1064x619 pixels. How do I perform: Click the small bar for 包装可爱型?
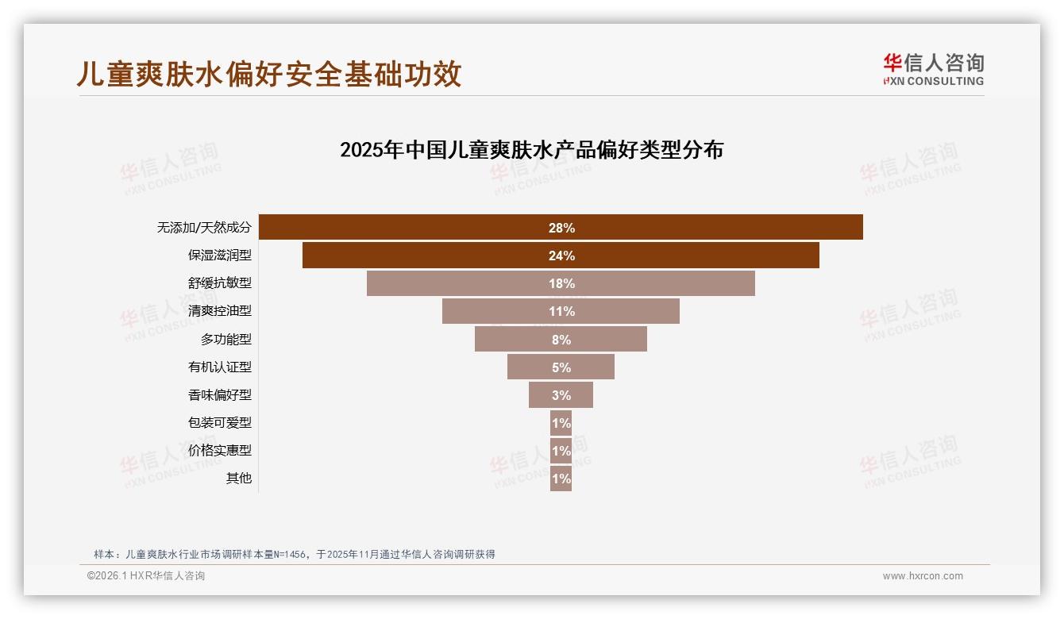(x=561, y=423)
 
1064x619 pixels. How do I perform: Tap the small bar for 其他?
(x=561, y=479)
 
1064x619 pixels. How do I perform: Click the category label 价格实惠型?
(x=219, y=451)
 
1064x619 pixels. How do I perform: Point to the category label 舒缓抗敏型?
(x=219, y=283)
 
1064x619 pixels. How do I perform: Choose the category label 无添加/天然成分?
(x=204, y=228)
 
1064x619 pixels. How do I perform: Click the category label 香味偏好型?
(x=219, y=395)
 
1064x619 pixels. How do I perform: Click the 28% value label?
(x=561, y=228)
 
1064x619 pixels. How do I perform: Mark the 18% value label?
(x=561, y=283)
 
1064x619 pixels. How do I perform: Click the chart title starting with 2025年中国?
(x=531, y=150)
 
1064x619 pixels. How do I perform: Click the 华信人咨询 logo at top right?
(x=933, y=69)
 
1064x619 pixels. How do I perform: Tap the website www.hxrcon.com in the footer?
(x=923, y=576)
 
